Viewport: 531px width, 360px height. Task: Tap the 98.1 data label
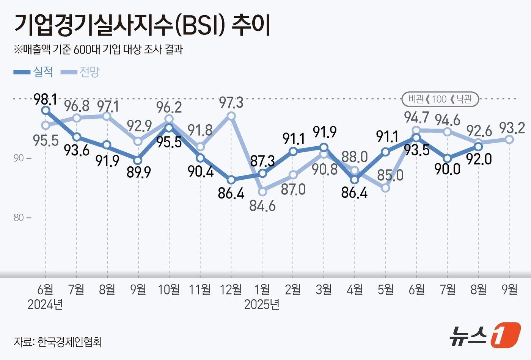pos(45,99)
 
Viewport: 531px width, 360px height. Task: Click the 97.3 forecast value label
pos(231,102)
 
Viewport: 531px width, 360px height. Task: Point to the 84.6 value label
pos(262,206)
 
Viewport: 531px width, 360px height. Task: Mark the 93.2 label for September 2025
pos(512,128)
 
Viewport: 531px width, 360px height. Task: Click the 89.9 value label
pos(139,172)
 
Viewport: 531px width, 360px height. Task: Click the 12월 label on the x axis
pos(231,290)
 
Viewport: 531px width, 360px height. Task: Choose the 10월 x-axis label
pos(169,290)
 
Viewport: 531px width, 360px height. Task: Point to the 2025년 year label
pos(262,304)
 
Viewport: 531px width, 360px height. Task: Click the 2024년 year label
pos(45,304)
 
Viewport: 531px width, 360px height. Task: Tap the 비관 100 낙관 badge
pos(440,99)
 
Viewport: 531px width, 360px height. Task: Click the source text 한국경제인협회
pos(69,342)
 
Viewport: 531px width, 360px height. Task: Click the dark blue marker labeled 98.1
pos(46,110)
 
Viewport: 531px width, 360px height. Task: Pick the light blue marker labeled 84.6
pos(262,192)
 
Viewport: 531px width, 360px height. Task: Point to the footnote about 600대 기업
pos(99,50)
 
